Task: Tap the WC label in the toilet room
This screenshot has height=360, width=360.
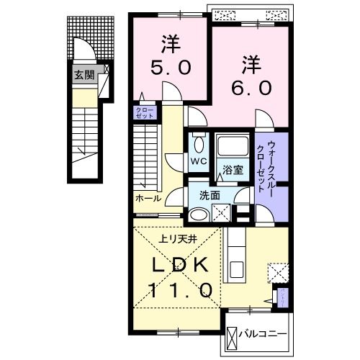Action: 196,162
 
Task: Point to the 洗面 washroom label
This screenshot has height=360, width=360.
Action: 210,196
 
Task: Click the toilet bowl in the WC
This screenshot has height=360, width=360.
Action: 197,143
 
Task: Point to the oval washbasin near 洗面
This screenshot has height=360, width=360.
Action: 199,213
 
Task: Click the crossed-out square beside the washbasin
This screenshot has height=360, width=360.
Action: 222,212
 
